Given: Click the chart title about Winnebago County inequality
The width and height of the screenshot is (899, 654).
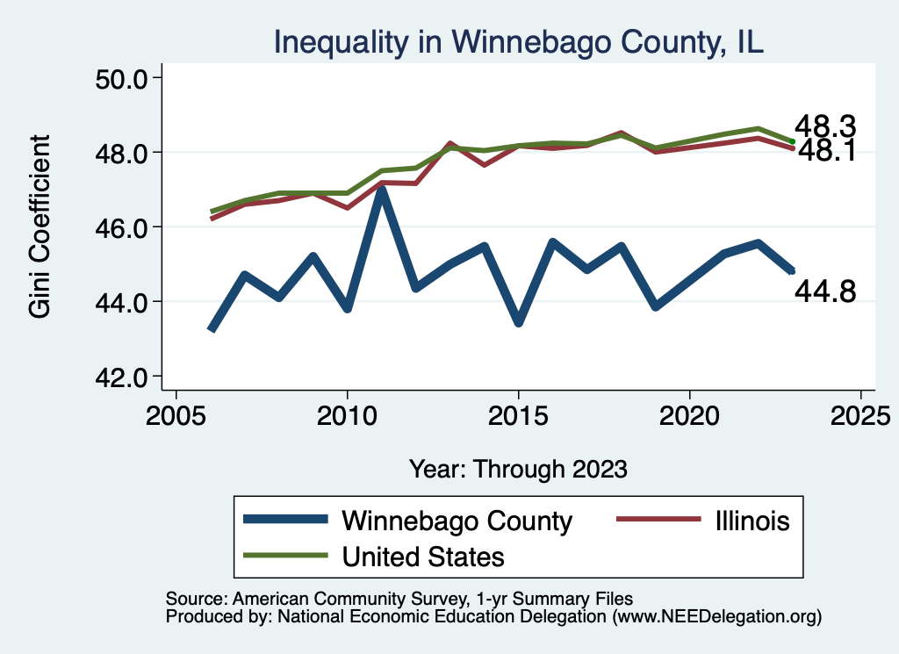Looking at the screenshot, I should tap(519, 41).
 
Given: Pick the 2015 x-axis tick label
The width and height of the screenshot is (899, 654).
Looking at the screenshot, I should tap(519, 413).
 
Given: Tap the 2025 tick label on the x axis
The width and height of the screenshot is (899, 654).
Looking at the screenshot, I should tap(860, 413).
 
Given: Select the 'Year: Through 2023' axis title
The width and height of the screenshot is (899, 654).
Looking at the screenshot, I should tap(518, 468).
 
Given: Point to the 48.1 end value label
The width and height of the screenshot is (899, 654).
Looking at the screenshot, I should tap(826, 151).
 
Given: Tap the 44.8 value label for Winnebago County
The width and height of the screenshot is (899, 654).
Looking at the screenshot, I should tap(825, 291).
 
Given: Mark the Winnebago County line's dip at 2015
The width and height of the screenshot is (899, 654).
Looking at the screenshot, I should tap(519, 321).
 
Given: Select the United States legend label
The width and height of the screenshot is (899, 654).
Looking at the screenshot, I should tap(423, 556).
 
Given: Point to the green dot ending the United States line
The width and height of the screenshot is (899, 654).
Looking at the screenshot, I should tap(792, 141).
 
